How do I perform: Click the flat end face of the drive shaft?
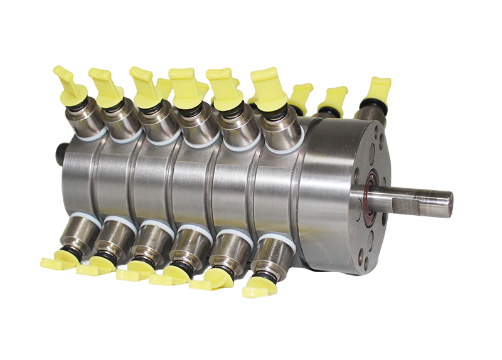pyautogui.click(x=446, y=204)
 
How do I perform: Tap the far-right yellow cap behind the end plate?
pyautogui.click(x=378, y=89)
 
